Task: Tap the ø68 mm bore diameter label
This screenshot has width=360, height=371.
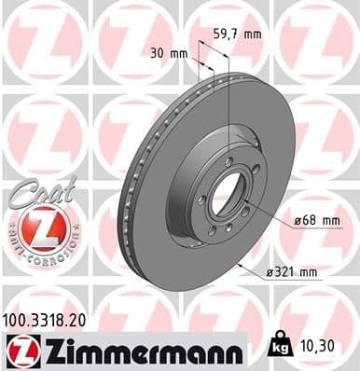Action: point(313,220)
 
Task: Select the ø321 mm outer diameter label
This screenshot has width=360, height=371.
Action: point(293,272)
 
